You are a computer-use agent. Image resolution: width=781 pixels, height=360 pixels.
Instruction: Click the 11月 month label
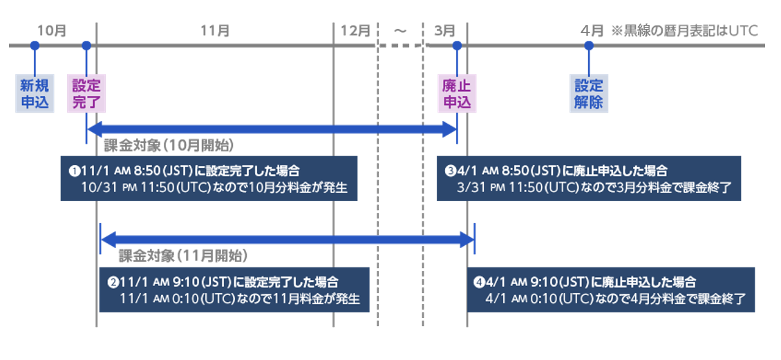point(215,30)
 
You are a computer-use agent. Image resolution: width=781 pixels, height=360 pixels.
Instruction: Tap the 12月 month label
point(355,30)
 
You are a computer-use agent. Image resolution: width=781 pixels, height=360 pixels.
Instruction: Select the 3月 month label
point(445,30)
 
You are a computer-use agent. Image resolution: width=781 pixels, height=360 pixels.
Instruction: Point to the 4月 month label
point(592,30)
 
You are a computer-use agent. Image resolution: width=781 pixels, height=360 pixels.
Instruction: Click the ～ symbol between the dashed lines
point(400,30)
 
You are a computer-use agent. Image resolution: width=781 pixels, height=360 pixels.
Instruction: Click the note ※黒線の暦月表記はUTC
point(684,30)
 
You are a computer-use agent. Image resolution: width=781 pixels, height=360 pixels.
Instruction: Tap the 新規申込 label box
point(35,94)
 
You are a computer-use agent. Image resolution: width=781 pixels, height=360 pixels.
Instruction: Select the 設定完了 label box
point(86,94)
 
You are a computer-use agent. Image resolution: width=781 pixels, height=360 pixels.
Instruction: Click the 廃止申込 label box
point(456,94)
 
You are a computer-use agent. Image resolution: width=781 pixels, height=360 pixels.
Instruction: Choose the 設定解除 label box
point(589,94)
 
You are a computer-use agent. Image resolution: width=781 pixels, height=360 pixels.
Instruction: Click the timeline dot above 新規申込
point(35,46)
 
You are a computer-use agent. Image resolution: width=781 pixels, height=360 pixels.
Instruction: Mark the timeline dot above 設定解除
point(589,46)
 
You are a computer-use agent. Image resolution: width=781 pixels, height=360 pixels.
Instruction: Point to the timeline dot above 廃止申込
point(456,46)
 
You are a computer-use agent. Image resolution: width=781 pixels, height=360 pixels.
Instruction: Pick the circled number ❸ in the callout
point(450,170)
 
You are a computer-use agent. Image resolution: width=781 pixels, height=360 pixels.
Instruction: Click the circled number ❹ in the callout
point(478,282)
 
